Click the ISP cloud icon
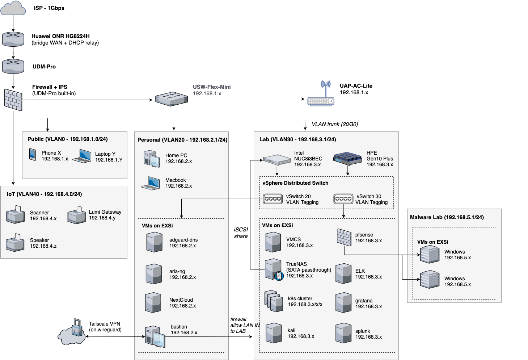tap(13, 8)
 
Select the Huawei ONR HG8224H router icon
tap(13, 39)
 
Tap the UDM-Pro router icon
tap(13, 66)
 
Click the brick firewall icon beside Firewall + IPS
tap(13, 100)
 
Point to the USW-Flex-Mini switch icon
tap(172, 99)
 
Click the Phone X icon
tap(33, 155)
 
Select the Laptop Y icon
tap(82, 156)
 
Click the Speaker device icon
tap(15, 243)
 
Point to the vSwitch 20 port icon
tap(273, 199)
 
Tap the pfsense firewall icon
tap(344, 238)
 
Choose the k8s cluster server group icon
tap(274, 301)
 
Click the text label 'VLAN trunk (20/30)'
tap(335, 124)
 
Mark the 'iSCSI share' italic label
tap(241, 233)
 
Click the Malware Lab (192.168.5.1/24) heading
tap(447, 217)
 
